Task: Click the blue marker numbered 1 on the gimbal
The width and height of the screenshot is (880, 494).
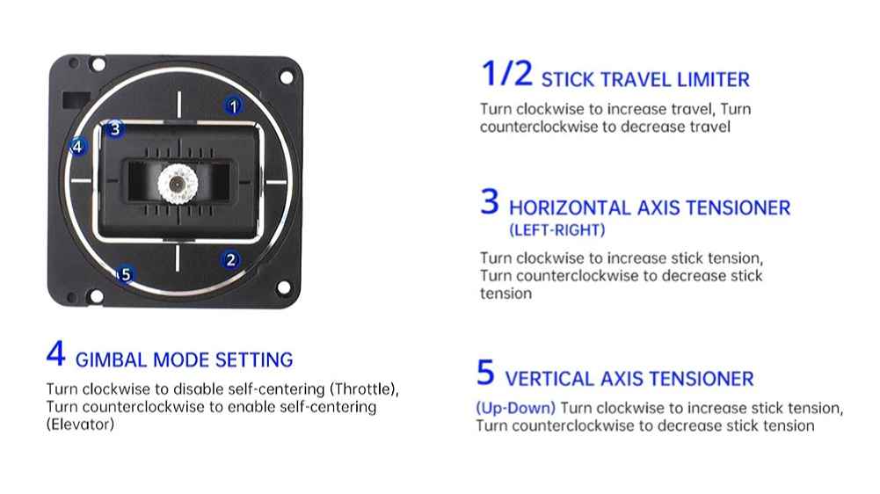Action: (x=234, y=105)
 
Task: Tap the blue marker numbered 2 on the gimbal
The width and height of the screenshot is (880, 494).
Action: (x=230, y=260)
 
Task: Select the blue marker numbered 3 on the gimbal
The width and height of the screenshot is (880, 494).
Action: (x=114, y=129)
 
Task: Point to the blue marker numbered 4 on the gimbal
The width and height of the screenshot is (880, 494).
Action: (x=77, y=147)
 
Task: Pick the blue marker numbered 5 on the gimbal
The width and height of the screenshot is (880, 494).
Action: (x=125, y=274)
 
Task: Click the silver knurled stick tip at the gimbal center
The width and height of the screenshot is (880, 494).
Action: (x=178, y=184)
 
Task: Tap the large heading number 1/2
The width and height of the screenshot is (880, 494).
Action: (x=506, y=74)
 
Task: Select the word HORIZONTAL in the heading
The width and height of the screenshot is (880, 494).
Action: (x=570, y=208)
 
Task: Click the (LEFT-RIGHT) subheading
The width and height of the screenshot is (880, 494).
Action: (x=556, y=230)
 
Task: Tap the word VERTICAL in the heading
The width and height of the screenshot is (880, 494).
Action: (x=549, y=379)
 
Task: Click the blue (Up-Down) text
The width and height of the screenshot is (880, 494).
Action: (x=515, y=408)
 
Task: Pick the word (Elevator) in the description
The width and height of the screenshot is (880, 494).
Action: (x=80, y=425)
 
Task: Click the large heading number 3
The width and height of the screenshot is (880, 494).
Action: (x=490, y=201)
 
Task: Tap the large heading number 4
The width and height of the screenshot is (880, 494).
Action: (x=56, y=353)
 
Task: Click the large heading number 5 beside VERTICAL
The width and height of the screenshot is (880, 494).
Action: (x=485, y=373)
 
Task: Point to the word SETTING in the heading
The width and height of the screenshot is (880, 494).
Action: (x=254, y=360)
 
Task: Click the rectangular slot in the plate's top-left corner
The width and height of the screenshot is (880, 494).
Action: (x=76, y=100)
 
